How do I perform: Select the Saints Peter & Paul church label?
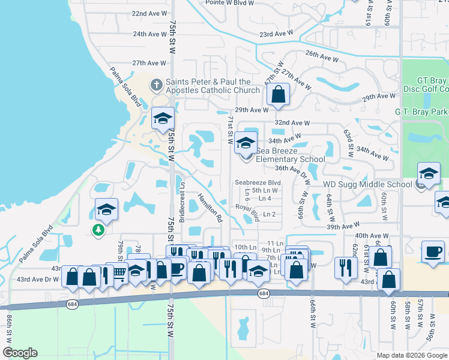(x=208, y=86)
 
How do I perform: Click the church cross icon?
(x=156, y=85)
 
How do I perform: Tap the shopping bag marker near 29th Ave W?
(x=278, y=94)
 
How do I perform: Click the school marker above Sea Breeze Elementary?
(x=245, y=142)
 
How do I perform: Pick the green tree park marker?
(x=97, y=230)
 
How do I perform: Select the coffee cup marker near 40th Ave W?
(x=432, y=251)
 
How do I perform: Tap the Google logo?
(x=20, y=353)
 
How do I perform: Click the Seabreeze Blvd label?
(x=258, y=182)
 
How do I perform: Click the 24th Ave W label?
(x=149, y=34)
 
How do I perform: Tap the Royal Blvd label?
(x=247, y=211)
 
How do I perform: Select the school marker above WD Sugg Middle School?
(x=429, y=175)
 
